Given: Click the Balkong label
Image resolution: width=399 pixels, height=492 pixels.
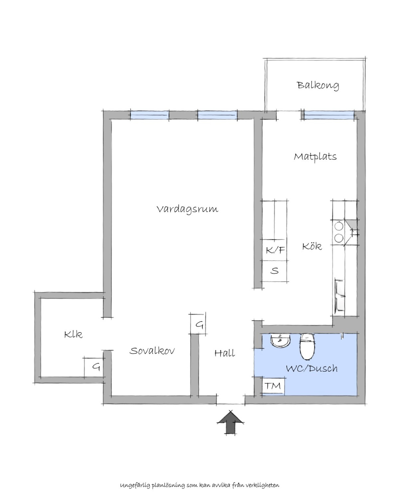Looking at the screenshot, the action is point(318,85).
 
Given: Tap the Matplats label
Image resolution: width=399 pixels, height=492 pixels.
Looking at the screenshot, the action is point(315,156).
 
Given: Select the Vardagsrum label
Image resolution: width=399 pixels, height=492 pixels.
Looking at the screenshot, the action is point(187,209).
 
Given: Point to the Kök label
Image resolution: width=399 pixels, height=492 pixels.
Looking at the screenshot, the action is point(312,246).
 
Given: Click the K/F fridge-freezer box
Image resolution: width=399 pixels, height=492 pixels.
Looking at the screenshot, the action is point(274,250).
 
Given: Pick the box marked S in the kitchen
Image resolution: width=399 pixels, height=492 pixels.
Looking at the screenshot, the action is point(274,271).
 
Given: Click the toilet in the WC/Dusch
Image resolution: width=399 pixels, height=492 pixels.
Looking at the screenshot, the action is point(307,346).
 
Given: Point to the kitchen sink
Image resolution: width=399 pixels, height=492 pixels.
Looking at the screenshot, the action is point(339,296).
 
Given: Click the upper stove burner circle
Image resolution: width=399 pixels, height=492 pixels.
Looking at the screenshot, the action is point(339,226).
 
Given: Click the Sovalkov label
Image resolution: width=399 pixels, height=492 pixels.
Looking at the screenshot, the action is point(152,351).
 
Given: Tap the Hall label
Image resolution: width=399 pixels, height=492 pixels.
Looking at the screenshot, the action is point(224,353).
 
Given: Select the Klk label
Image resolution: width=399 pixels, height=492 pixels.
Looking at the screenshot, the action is point(73,335).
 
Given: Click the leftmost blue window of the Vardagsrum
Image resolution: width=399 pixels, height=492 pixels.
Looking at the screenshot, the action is point(150,115).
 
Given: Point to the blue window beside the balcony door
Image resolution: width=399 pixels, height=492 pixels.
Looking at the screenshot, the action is point(329,115).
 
